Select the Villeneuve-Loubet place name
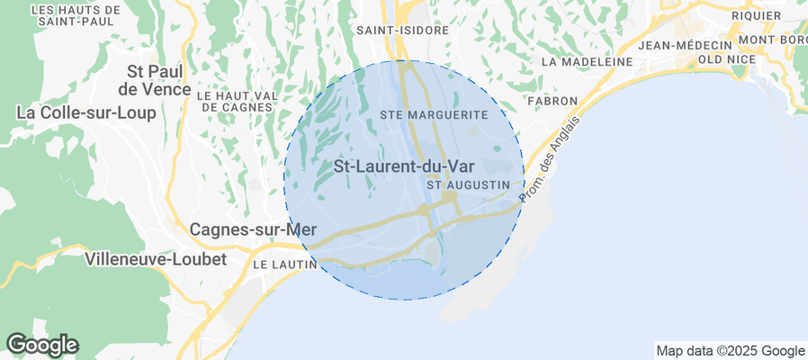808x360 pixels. (x=158, y=259)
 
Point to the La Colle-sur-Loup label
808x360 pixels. (x=86, y=113)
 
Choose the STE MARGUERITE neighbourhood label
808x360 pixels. (x=434, y=115)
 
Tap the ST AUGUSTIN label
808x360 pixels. (x=474, y=184)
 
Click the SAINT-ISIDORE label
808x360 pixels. (x=402, y=30)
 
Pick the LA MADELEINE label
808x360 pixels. (x=588, y=62)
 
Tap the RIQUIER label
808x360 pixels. (x=757, y=15)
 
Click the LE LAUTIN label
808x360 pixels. (x=284, y=265)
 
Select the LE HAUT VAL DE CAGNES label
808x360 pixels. (x=235, y=101)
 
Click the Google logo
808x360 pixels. (x=42, y=344)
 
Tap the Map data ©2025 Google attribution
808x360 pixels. (x=730, y=351)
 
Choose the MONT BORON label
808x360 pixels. (x=772, y=40)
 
